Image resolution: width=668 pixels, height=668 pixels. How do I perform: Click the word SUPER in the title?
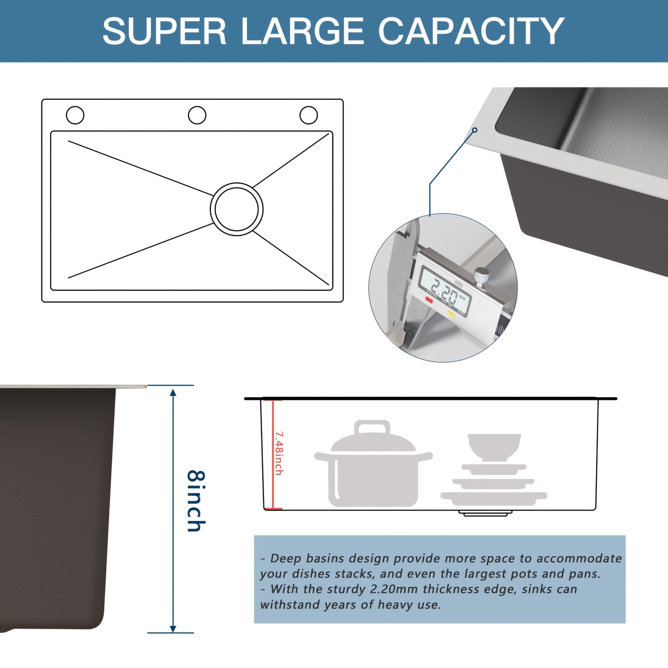tap(164, 31)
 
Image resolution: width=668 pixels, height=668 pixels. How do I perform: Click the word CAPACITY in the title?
tap(471, 31)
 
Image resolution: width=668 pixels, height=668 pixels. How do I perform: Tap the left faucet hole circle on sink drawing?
tap(75, 115)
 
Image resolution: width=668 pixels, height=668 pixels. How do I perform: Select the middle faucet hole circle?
tap(197, 115)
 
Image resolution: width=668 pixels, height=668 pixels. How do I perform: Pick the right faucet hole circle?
tap(308, 115)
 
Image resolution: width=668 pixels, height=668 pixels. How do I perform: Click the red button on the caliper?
tap(429, 300)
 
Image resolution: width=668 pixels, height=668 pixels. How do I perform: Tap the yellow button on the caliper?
tap(451, 314)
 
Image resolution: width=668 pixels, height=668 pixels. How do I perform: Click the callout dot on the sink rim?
tap(474, 130)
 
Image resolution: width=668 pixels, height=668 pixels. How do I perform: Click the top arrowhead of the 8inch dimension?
tap(173, 393)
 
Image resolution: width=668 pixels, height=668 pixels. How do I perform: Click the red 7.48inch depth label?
tap(279, 453)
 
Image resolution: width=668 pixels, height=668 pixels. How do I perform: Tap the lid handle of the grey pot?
tap(372, 427)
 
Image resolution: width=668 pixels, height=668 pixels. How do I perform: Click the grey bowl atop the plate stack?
tap(494, 446)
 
